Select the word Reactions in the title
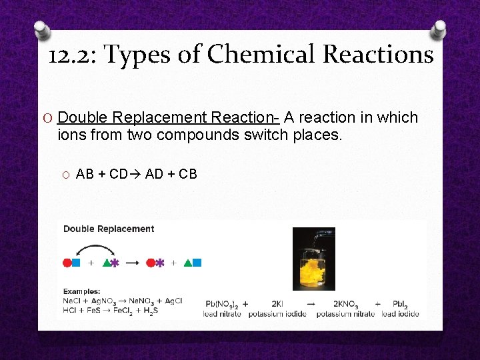coord(378,55)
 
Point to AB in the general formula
coord(85,175)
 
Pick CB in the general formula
coord(188,175)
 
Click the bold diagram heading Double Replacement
coord(109,229)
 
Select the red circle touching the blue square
coord(67,263)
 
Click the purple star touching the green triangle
coord(115,263)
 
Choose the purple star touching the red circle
coord(160,263)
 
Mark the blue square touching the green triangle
coord(197,263)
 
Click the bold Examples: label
coord(82,291)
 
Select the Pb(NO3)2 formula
coord(223,303)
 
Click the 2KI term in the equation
coord(277,303)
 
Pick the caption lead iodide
coord(400,313)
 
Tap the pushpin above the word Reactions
coord(440,29)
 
